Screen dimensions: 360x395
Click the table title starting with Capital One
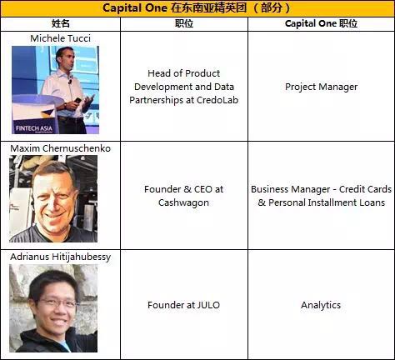click(197, 8)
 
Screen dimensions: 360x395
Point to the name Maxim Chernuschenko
click(62, 147)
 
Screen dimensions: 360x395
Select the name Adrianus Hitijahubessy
click(62, 257)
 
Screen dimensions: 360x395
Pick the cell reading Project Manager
click(321, 87)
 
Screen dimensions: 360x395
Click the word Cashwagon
click(184, 202)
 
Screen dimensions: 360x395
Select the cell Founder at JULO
click(184, 305)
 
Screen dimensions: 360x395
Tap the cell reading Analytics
click(321, 305)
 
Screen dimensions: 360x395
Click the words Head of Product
click(184, 73)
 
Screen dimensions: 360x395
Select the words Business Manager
click(290, 189)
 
